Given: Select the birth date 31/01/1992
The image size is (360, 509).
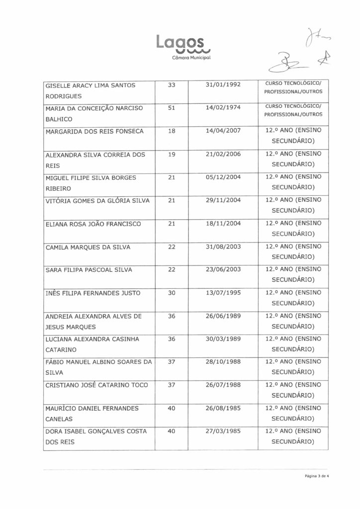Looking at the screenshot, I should (223, 85).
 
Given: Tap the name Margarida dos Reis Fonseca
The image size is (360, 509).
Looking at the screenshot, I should (94, 132).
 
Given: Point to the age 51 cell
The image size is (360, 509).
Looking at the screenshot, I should (172, 108).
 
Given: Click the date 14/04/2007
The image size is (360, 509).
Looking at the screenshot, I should (223, 132).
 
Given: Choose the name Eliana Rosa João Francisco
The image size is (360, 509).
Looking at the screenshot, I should (93, 224).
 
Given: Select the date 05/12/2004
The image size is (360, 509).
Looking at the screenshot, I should (223, 177).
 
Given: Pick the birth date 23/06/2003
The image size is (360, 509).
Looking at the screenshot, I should (223, 270).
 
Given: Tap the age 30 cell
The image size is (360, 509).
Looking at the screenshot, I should (172, 293).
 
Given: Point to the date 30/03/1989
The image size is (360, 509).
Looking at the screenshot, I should (223, 339).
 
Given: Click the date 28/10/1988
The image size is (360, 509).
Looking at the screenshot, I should (223, 362).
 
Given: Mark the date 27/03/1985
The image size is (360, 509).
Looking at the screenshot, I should (223, 431).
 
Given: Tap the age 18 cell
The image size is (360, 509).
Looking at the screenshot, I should (172, 132).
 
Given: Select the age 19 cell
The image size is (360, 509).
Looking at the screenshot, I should (172, 155).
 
